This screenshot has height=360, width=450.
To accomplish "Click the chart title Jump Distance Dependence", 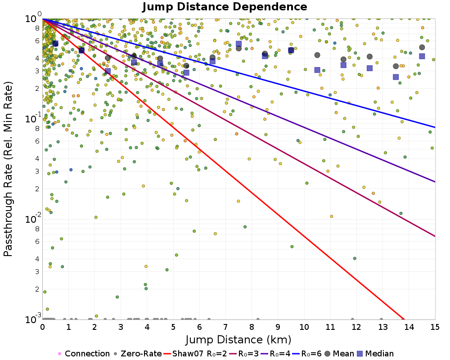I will click(225, 7).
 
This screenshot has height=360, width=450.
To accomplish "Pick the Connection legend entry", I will click(83, 354).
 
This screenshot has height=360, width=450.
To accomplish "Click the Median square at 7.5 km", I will click(238, 44).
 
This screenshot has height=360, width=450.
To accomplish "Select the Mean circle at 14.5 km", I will click(422, 47).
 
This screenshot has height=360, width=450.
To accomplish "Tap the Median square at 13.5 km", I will click(396, 77).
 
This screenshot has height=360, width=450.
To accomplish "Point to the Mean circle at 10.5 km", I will click(317, 55).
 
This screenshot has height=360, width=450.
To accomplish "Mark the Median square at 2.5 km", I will click(108, 71).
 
